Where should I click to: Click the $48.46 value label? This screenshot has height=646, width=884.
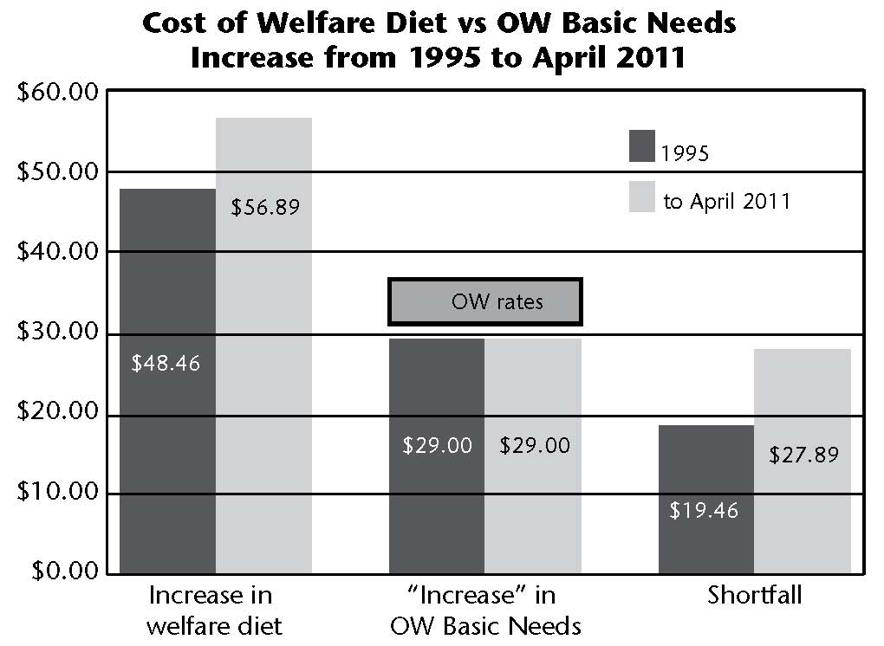point(166,363)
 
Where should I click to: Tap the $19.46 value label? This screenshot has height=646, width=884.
point(704,511)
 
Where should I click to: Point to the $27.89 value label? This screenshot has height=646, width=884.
point(803,455)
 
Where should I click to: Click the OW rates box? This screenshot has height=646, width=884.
point(484,302)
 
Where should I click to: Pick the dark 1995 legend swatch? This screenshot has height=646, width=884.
point(642,145)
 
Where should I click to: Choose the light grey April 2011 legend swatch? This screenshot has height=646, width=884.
point(642,197)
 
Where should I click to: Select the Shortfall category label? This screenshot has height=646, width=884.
point(753,596)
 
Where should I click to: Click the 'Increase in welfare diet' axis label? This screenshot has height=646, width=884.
point(211,610)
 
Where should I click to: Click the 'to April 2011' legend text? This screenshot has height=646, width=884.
point(726,202)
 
